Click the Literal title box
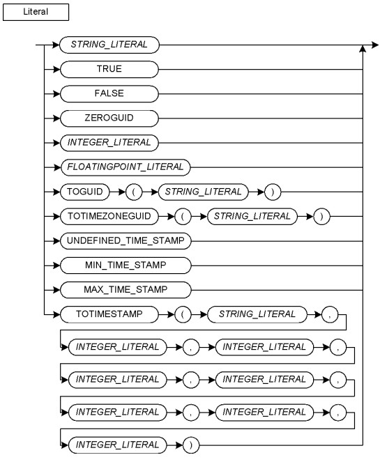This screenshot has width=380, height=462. (x=36, y=12)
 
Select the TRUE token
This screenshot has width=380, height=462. (x=109, y=69)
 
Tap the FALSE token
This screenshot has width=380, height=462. (x=109, y=93)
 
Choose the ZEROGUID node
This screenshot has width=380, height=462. (x=109, y=118)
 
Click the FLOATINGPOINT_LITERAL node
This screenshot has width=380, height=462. (x=126, y=167)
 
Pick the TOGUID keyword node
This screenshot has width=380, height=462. (x=84, y=192)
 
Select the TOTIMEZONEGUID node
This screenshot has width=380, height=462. (x=109, y=216)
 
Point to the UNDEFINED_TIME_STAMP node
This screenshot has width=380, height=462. (x=126, y=240)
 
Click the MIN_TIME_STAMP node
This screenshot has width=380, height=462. (x=126, y=265)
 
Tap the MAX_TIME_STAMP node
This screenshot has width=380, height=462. (x=126, y=290)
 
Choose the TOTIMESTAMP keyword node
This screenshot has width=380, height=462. (x=109, y=314)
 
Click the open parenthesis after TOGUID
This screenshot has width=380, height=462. (x=134, y=192)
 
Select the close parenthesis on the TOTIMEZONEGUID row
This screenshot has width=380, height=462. (x=321, y=216)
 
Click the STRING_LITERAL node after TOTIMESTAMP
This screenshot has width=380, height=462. (x=257, y=314)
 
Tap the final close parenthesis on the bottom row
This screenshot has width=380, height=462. (x=191, y=445)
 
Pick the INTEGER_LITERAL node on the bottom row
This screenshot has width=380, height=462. (x=117, y=445)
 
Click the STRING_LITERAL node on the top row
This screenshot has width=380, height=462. (x=109, y=45)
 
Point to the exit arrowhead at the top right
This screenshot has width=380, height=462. (x=375, y=45)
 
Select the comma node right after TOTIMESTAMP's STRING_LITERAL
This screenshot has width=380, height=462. (x=330, y=314)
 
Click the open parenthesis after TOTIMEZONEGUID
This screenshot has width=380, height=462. (x=183, y=216)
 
